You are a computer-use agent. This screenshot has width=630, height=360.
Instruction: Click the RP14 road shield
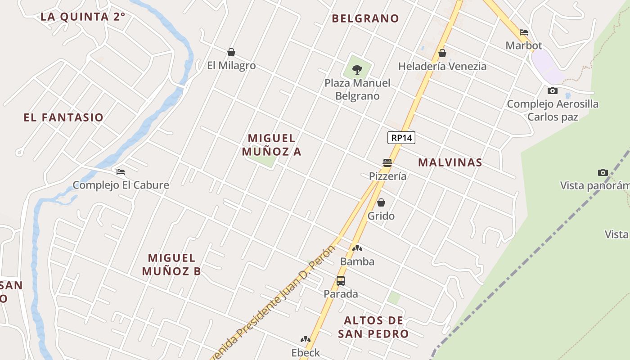[401, 138]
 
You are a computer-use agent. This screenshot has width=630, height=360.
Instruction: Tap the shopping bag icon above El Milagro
[231, 53]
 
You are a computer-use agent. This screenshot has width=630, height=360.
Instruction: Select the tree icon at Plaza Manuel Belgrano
[357, 70]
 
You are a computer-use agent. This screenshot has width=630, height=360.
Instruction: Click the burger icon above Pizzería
[387, 163]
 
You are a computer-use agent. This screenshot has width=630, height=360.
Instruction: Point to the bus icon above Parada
[341, 281]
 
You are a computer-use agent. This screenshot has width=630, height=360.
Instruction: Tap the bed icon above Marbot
[524, 32]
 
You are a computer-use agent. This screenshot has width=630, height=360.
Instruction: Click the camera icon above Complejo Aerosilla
[553, 91]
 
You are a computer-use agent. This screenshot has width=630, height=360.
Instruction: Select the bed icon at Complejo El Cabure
[120, 172]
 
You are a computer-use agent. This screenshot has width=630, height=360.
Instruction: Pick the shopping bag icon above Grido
[381, 203]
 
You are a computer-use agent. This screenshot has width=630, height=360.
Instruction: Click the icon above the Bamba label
[357, 248]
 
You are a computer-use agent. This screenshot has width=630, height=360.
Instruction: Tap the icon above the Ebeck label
[306, 339]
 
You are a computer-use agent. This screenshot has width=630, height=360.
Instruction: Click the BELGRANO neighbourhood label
[365, 18]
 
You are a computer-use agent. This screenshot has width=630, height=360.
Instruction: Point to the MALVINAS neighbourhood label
[450, 162]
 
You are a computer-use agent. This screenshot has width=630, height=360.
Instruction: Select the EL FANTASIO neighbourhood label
[63, 117]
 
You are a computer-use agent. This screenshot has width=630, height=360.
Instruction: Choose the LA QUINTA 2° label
[83, 17]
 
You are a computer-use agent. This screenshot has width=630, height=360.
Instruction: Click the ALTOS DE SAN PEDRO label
[373, 327]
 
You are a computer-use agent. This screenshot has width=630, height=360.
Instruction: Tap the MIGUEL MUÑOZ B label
[171, 265]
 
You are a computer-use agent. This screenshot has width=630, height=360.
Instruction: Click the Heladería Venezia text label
[442, 66]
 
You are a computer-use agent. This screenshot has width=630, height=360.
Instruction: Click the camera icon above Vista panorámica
[603, 173]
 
